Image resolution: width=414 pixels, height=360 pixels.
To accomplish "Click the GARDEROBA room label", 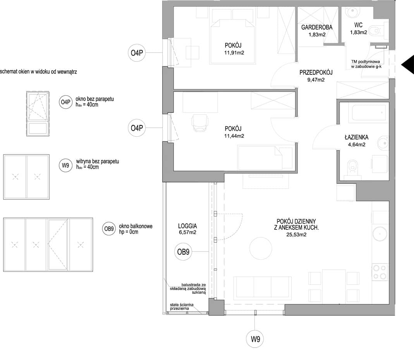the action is click(x=317, y=27).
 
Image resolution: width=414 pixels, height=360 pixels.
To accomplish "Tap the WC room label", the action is click(x=358, y=25).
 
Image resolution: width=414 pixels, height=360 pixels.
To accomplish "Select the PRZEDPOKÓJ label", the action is click(x=316, y=72).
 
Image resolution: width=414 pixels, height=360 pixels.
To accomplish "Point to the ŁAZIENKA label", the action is click(x=356, y=137).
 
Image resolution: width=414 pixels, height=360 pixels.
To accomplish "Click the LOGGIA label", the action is click(x=187, y=226).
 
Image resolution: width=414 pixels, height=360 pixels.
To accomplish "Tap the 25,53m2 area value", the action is click(x=296, y=235).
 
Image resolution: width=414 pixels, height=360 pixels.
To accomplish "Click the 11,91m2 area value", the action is click(x=234, y=53).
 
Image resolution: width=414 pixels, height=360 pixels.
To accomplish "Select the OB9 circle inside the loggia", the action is click(x=183, y=252).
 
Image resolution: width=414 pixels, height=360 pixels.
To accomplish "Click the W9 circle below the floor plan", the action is click(x=255, y=339).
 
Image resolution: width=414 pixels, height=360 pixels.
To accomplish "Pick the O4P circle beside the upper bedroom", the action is click(x=137, y=53).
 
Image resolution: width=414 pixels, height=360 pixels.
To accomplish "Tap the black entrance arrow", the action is click(x=407, y=65).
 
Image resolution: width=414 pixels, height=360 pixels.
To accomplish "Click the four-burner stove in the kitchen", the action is click(x=380, y=272).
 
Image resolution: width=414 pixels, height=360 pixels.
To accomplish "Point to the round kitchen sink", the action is click(x=380, y=234).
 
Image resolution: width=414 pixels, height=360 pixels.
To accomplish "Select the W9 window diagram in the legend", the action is click(x=26, y=177).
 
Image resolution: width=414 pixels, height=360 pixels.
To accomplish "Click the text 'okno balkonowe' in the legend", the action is click(x=136, y=226).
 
